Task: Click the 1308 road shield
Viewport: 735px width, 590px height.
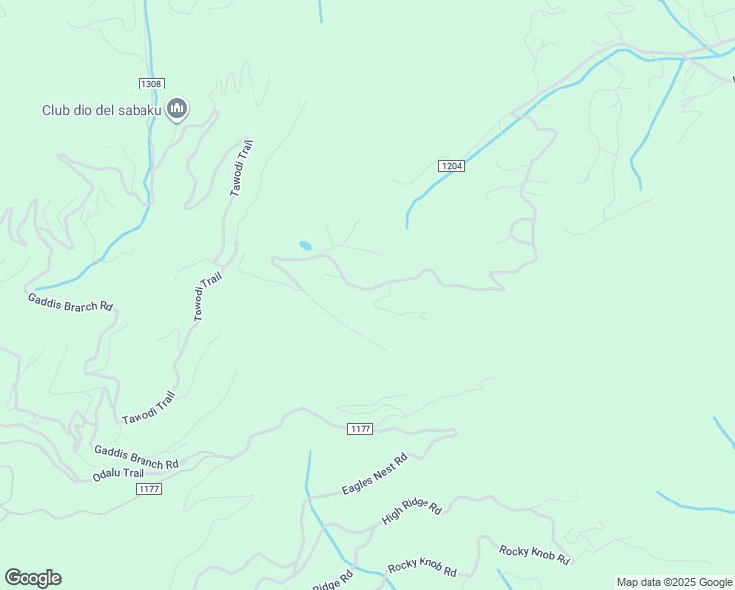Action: click(150, 84)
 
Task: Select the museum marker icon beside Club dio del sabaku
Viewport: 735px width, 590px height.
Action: click(177, 108)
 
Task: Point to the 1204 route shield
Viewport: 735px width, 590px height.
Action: click(451, 166)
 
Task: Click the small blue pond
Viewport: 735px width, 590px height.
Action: click(306, 245)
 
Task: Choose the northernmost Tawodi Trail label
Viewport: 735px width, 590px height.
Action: click(242, 167)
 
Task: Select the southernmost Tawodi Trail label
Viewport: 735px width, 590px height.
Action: click(148, 408)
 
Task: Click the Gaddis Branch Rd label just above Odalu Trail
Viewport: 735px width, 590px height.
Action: click(136, 457)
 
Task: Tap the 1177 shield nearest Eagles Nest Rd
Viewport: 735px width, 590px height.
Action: click(361, 428)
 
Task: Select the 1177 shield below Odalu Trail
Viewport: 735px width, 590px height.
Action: click(148, 489)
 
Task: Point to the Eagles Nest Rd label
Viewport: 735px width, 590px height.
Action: click(374, 475)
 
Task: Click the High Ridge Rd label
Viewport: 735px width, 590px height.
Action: click(412, 510)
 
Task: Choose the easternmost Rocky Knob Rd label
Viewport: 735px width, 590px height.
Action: click(535, 555)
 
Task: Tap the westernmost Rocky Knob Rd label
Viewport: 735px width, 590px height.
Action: click(422, 567)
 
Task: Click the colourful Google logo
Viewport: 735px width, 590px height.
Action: click(32, 578)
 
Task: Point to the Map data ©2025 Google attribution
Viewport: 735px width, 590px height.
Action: click(674, 582)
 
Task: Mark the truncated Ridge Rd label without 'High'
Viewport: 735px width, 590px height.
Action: click(332, 582)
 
